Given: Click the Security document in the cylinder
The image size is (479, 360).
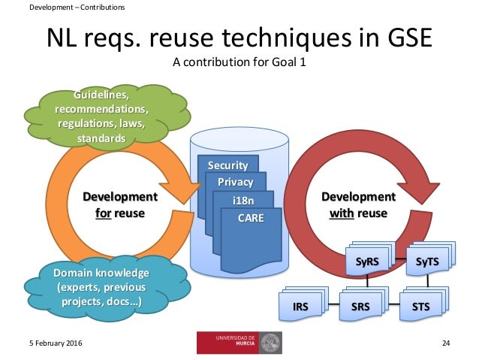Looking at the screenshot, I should pos(227,165).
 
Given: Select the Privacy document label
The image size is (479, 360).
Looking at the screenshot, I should pos(235,183).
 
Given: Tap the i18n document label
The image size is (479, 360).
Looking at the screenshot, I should pos(243,201).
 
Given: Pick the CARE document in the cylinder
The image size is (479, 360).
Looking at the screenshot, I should pos(250,218).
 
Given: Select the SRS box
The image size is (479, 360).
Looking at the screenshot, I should pos(360,306).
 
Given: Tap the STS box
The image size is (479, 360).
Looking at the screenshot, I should pos(420,306).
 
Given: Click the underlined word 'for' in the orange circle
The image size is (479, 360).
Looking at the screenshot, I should pos(105,213).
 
